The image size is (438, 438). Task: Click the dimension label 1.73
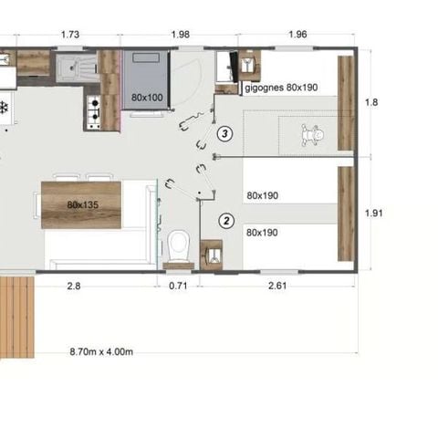pos(70,35)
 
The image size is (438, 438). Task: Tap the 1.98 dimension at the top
pos(180,35)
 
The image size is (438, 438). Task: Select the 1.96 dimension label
pos(297,35)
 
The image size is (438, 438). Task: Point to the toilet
pos(178,246)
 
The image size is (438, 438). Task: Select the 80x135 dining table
pos(81,205)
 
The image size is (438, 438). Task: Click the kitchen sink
pos(75,66)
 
